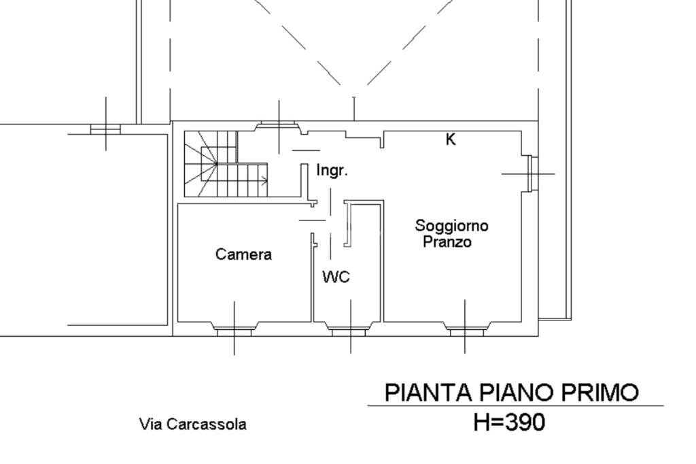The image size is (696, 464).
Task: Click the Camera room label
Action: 243,254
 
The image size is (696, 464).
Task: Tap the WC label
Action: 336,277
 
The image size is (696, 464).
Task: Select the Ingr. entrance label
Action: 332,171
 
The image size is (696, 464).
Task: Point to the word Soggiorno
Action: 451,225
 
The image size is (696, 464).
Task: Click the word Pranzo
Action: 447,242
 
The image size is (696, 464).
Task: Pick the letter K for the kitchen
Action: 451,139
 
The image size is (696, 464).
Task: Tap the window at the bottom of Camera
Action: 234,331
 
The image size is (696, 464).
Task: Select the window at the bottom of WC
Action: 348,331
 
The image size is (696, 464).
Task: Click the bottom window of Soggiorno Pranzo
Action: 467,331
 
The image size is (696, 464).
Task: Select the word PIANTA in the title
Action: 428,393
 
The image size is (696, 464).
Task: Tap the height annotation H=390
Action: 509,422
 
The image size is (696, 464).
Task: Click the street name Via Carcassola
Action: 193,425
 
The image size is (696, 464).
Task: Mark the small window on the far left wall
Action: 105,129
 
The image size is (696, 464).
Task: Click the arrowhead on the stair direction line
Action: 264,181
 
